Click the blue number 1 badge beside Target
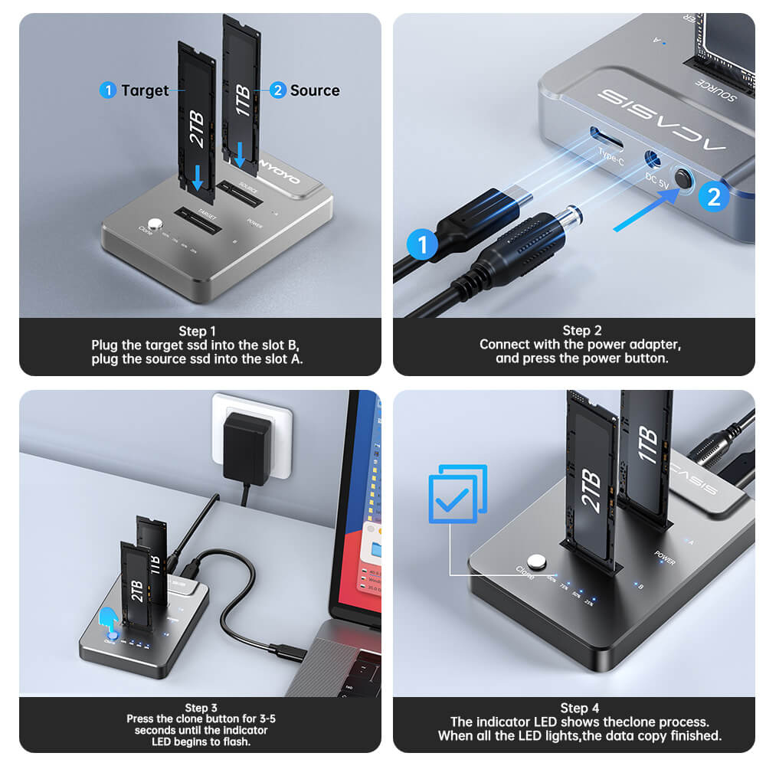coord(108,90)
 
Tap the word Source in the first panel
coord(315,90)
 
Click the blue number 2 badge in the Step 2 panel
coord(714,197)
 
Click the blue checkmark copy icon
coord(457,495)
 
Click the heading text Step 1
coord(198,331)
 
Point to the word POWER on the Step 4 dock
coord(665,557)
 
